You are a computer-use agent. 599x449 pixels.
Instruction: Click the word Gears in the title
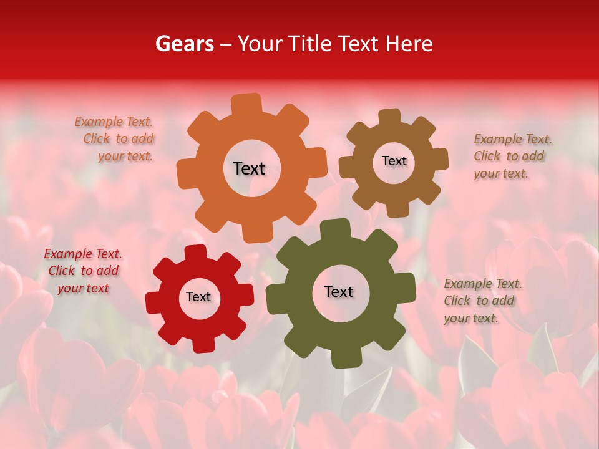pos(184,44)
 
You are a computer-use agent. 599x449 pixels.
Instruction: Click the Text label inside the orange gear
pos(249,168)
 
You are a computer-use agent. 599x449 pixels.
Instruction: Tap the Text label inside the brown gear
pos(394,161)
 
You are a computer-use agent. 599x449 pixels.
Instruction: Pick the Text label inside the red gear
pos(198,297)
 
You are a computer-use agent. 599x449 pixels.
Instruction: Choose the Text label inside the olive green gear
pos(339,291)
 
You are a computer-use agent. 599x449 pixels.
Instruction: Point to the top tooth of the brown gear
pos(390,118)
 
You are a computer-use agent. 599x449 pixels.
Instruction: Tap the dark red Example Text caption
pos(83,271)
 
